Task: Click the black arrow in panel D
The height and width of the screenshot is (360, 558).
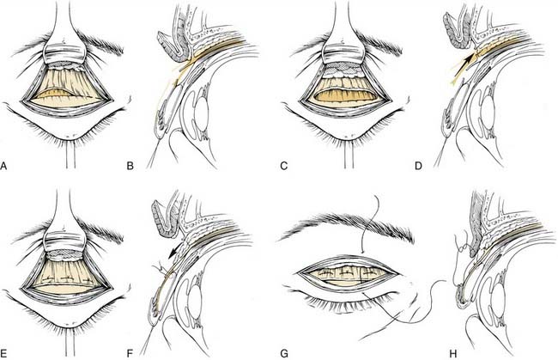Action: pos(462,63)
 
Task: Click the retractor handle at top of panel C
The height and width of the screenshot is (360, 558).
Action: pos(351,21)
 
